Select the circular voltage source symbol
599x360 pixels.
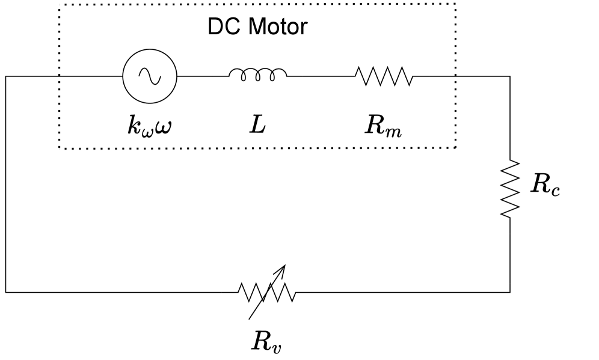tap(150, 76)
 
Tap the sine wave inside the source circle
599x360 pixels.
tap(150, 76)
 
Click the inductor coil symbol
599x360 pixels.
tap(257, 75)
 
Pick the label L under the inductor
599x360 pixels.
tap(257, 124)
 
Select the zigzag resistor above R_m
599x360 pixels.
tap(384, 76)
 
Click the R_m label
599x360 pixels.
tap(383, 126)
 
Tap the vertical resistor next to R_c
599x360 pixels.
tap(510, 188)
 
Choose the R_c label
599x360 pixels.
tap(545, 185)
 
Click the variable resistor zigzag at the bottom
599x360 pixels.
tap(266, 293)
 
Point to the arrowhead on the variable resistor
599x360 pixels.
tap(281, 269)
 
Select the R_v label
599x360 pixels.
tap(266, 341)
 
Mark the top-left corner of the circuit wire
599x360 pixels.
tap(6, 76)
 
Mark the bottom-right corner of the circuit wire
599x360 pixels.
tap(510, 292)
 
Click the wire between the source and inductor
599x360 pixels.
tap(203, 76)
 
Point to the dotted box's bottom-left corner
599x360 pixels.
tap(60, 147)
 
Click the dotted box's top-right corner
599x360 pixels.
tap(455, 4)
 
